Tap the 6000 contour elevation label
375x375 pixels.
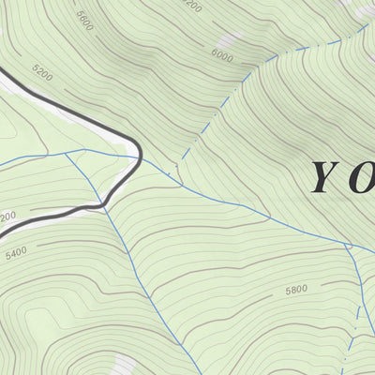[x=221, y=56]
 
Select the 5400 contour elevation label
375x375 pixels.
[x=17, y=252]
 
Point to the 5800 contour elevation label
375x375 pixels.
[x=296, y=290]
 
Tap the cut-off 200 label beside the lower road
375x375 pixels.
[x=7, y=217]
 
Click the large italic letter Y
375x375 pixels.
[x=324, y=178]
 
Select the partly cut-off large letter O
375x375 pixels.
[x=364, y=178]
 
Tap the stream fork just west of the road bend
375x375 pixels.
[x=67, y=154]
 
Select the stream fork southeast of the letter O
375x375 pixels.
[x=348, y=247]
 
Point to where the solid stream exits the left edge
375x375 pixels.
[x=2, y=167]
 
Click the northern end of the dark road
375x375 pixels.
[x=2, y=67]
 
